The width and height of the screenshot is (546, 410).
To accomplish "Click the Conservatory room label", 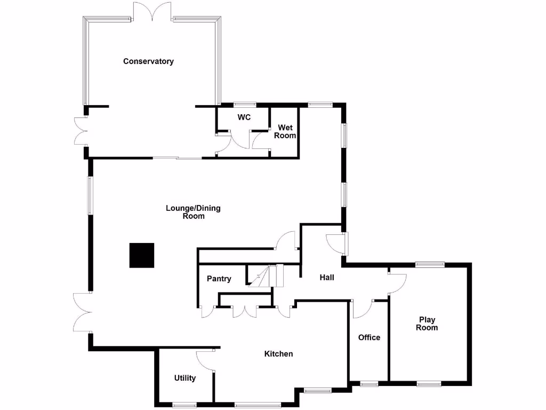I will pos(148,61).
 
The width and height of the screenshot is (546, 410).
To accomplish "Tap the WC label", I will pos(244,117).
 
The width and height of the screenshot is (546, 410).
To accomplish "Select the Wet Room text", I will pos(285,131).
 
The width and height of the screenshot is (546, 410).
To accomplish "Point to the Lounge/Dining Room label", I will pos(193,212).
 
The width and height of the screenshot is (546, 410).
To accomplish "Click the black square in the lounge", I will pos(142,255).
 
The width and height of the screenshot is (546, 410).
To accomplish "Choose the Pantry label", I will pos(219,279).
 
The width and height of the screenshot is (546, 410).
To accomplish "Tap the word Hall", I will pos(327,278).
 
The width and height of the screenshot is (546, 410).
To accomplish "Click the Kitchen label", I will pos(279,354).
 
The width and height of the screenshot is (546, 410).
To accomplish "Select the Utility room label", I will pos(185,378).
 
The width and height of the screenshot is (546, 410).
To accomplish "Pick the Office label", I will pos(369,337).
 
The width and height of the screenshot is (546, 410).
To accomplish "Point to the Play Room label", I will pos(427,324).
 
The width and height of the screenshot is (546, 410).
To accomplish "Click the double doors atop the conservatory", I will pos(153,12).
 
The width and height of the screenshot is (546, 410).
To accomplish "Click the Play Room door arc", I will pos(398,283).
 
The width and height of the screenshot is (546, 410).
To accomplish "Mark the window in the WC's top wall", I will pos(244,104).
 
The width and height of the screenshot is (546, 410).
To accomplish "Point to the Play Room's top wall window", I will pos(430,263).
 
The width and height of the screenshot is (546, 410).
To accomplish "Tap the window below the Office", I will pos(368,383).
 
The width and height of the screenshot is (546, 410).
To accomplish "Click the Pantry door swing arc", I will pos(207,312).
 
